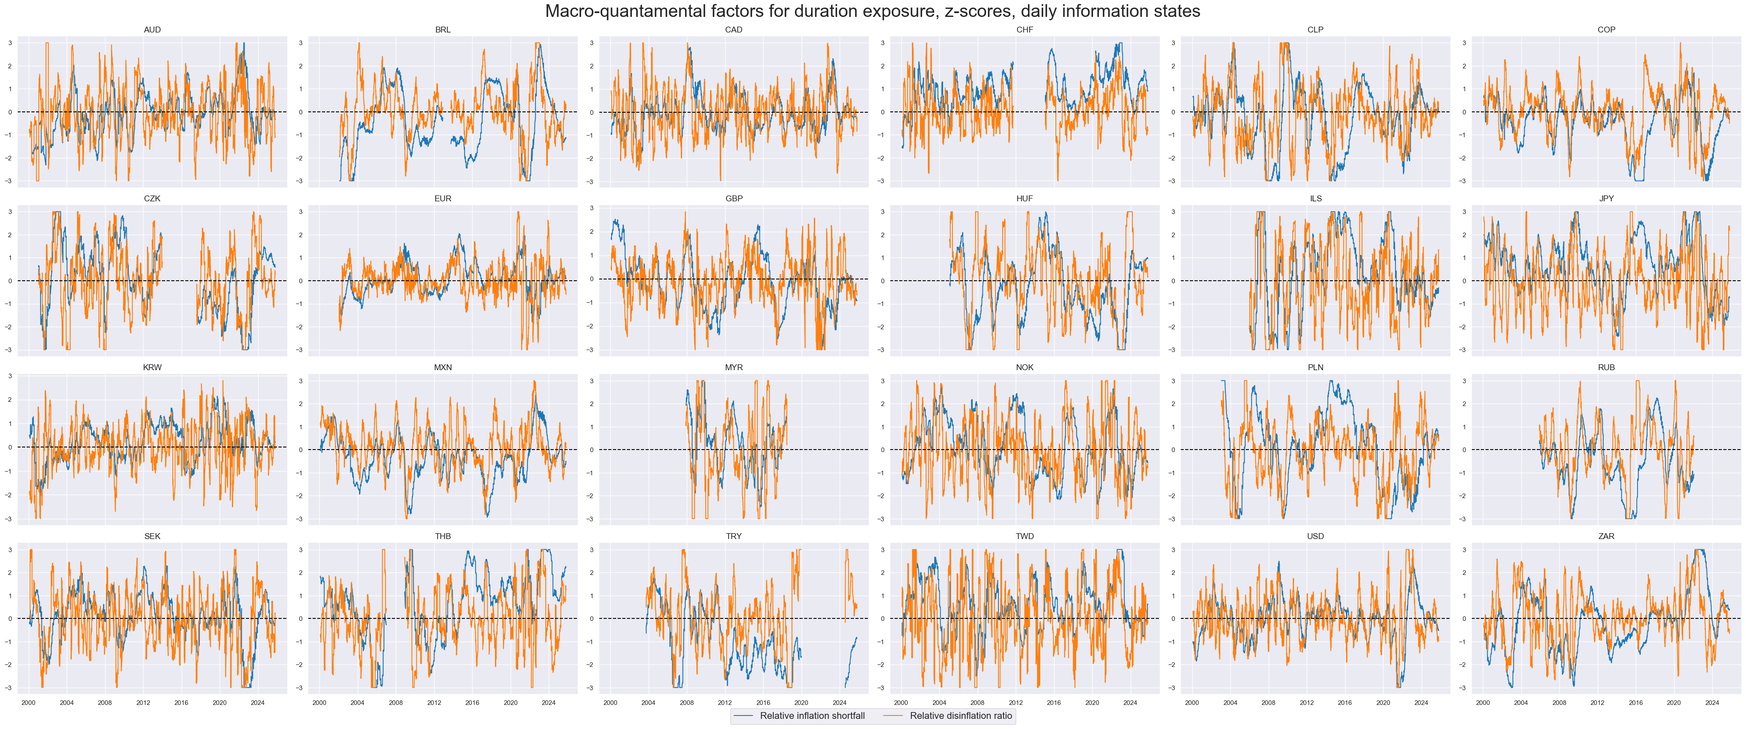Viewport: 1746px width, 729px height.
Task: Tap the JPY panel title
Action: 1606,198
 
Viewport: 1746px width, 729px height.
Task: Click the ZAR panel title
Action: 1606,536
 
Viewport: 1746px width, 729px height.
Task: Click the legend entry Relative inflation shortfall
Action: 812,715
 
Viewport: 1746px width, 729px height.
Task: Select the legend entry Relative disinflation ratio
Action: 960,715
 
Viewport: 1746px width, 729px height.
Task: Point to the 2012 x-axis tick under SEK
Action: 143,702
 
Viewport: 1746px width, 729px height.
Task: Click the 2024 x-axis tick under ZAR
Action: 1711,702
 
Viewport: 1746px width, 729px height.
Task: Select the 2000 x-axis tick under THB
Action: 319,702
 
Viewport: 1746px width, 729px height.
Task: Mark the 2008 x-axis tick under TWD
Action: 977,702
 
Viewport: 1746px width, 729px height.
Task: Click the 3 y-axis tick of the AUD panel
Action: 10,43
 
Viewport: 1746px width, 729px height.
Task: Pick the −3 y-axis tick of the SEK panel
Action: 9,688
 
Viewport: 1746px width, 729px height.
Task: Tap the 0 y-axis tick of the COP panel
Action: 1464,112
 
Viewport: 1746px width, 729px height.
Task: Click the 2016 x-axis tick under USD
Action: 1345,702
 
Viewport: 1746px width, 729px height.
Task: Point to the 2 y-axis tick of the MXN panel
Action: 301,404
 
